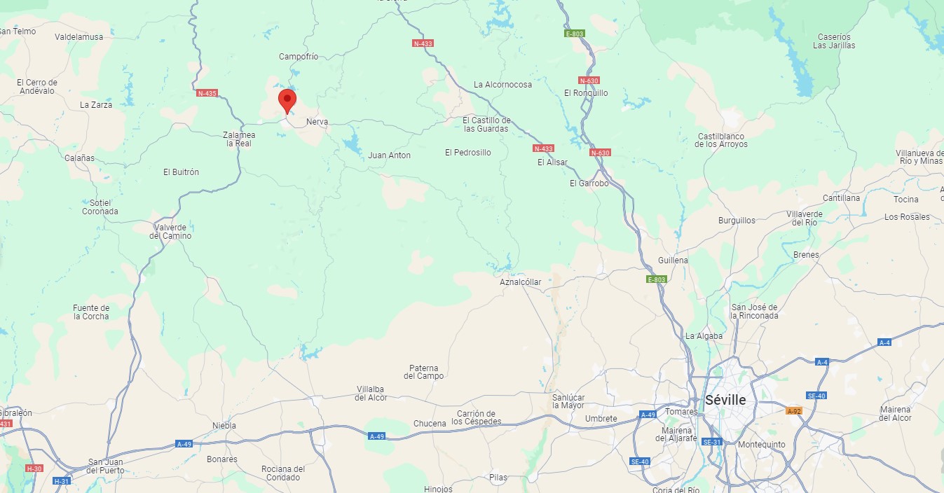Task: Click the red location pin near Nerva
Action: pyautogui.click(x=287, y=101)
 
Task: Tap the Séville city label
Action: pyautogui.click(x=725, y=400)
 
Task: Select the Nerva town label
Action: pyautogui.click(x=317, y=122)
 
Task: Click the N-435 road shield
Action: pyautogui.click(x=207, y=93)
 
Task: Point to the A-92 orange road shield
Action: pyautogui.click(x=794, y=411)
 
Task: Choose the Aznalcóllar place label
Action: pyautogui.click(x=521, y=282)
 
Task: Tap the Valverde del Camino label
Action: pyautogui.click(x=170, y=232)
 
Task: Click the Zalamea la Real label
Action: pyautogui.click(x=238, y=139)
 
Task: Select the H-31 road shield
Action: pyautogui.click(x=62, y=481)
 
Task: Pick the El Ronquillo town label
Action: pyautogui.click(x=586, y=93)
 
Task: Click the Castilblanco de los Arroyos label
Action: pyautogui.click(x=721, y=140)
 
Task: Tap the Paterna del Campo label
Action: pyautogui.click(x=424, y=372)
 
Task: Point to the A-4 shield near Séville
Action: pyautogui.click(x=822, y=362)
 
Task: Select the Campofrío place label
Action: pyautogui.click(x=299, y=57)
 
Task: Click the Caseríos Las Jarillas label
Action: pyautogui.click(x=834, y=41)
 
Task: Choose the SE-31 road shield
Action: pyautogui.click(x=712, y=442)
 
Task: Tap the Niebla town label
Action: pyautogui.click(x=224, y=426)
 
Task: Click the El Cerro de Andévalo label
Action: pyautogui.click(x=37, y=87)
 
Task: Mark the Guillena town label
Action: pyautogui.click(x=673, y=261)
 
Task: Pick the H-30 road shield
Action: pyautogui.click(x=34, y=468)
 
